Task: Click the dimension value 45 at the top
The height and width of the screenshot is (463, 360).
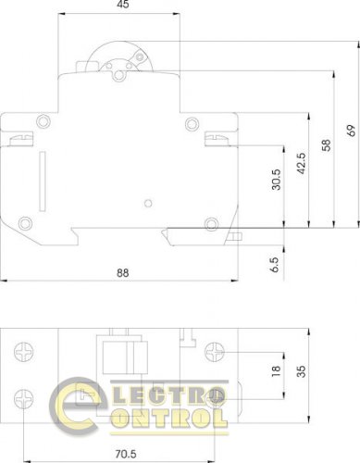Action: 122,6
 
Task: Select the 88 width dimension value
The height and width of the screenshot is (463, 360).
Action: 122,271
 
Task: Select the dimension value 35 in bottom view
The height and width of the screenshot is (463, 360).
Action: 300,370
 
